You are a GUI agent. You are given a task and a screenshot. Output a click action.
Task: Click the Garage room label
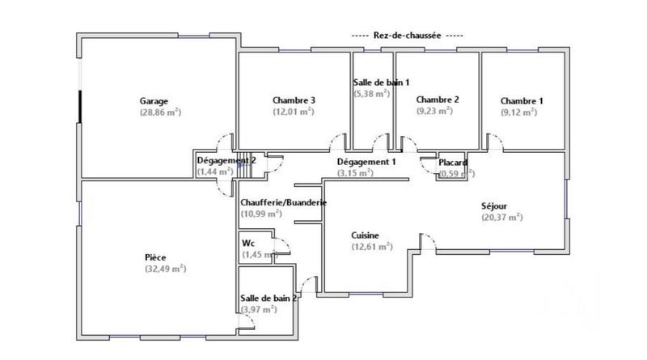tap(154, 101)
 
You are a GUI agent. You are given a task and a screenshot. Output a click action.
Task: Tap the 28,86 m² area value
tap(159, 112)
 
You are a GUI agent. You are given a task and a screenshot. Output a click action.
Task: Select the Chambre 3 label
tap(294, 100)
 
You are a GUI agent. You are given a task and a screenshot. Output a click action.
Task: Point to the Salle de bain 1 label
tap(382, 83)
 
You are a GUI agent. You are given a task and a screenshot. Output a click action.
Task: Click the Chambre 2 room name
tap(438, 100)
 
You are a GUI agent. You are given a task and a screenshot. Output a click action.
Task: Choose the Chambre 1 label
tap(522, 101)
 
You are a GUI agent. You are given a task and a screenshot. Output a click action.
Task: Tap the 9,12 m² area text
tap(518, 112)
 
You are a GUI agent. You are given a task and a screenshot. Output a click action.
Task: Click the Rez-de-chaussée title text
tap(408, 36)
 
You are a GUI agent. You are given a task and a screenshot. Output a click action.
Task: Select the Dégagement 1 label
tap(366, 162)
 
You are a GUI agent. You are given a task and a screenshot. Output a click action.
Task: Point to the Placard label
tap(454, 163)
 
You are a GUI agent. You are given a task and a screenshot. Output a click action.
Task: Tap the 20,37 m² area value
tap(502, 217)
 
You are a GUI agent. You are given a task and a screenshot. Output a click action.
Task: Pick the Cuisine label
tap(366, 235)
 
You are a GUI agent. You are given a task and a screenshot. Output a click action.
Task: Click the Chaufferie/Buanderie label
tap(283, 202)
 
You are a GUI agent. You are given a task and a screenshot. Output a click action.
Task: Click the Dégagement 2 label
tap(226, 161)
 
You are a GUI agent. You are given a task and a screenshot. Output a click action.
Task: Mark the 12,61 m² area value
tap(371, 247)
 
